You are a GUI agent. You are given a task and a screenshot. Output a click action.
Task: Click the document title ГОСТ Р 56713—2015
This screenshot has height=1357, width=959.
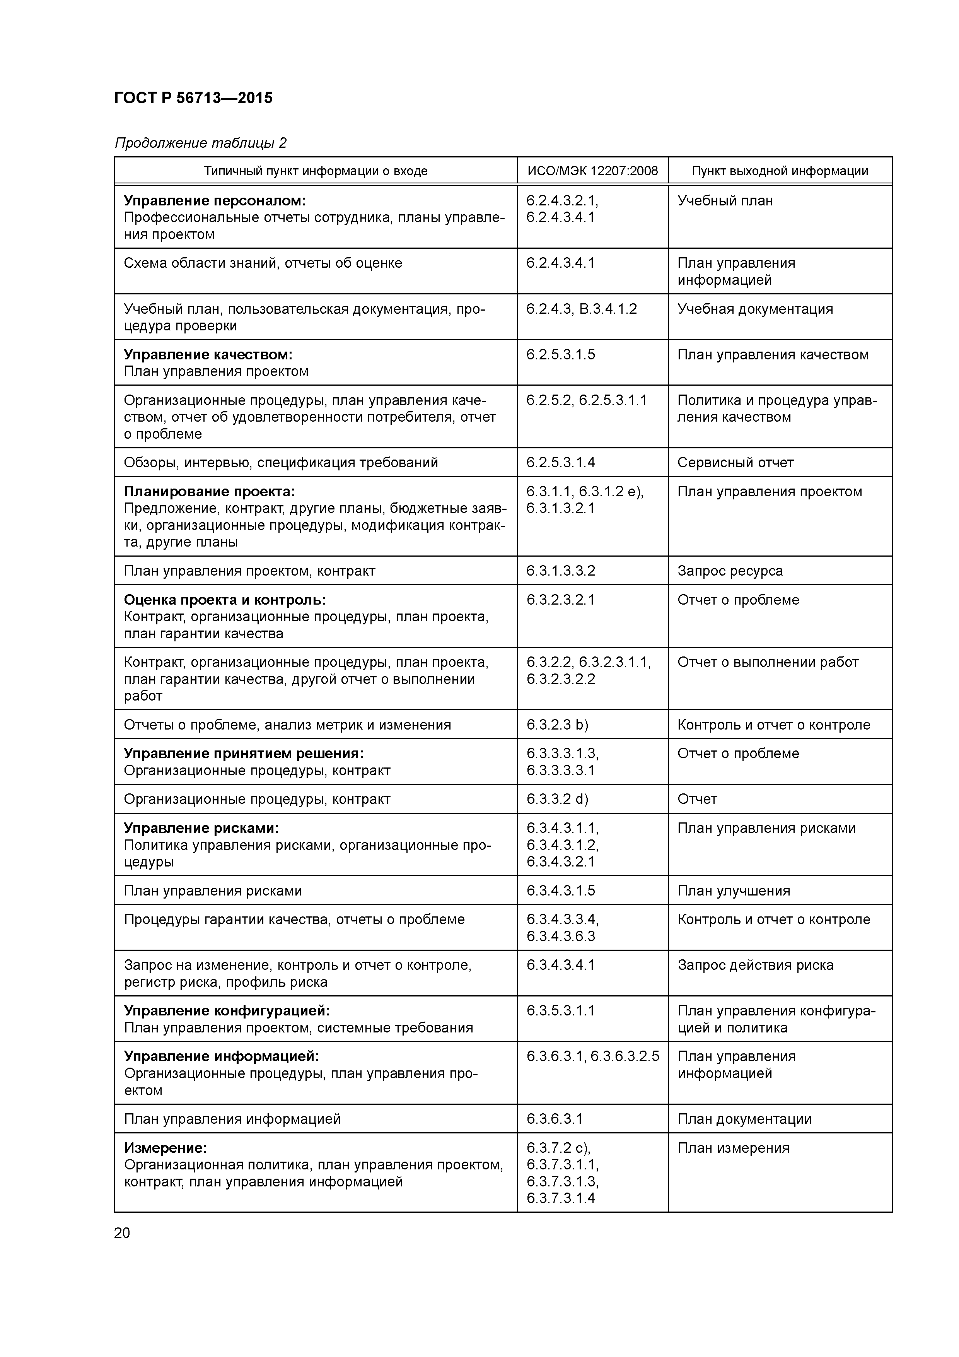coord(193,98)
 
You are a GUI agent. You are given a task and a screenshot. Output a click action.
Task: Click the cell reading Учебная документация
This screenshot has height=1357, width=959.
coord(754,309)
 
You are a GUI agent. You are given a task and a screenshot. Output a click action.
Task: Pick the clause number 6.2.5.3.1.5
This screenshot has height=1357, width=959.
coord(561,355)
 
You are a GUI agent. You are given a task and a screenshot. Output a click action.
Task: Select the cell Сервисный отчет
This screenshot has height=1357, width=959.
coord(735,463)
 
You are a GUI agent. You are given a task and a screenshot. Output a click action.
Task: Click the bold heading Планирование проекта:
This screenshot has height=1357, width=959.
coord(209,492)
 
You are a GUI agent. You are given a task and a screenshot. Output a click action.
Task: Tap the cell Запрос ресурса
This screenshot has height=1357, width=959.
coord(730,571)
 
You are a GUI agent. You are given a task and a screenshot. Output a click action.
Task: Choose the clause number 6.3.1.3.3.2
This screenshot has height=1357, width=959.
coord(561,571)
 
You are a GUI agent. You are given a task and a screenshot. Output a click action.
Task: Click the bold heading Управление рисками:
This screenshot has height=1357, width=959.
coord(201,828)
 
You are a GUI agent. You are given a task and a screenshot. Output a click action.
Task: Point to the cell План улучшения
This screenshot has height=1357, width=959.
coord(733,891)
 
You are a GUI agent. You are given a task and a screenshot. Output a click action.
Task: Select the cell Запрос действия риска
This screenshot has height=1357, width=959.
coord(755,965)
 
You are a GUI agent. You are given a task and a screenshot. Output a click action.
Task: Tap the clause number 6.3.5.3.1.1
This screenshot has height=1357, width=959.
coord(561,1011)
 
